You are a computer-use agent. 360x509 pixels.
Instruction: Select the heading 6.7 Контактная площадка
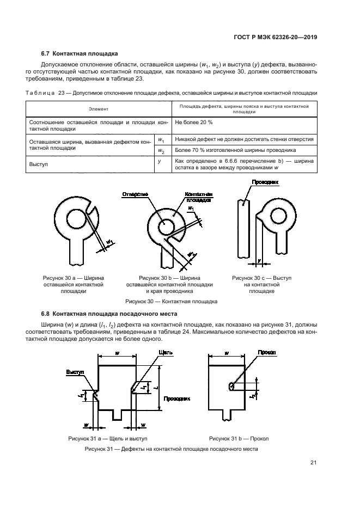point(80,54)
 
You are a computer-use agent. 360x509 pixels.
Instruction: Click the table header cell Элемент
point(98,109)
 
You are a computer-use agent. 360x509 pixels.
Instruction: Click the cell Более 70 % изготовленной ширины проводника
point(235,150)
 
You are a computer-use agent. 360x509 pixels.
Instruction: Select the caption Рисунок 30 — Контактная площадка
point(171,301)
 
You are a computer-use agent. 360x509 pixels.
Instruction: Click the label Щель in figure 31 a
point(166,352)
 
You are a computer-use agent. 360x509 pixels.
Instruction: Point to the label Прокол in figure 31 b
point(267,352)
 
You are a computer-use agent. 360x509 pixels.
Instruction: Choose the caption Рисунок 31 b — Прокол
point(239,438)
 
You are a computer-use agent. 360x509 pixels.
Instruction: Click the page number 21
point(313,463)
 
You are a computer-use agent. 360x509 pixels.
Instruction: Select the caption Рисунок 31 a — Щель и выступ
point(108,438)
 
